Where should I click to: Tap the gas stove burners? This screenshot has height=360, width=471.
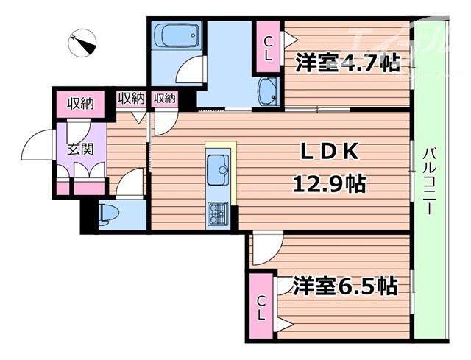(219, 213)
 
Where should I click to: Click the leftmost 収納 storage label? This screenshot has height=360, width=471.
(79, 102)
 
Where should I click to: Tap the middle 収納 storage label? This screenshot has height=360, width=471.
(131, 98)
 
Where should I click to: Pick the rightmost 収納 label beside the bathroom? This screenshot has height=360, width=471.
(164, 98)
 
